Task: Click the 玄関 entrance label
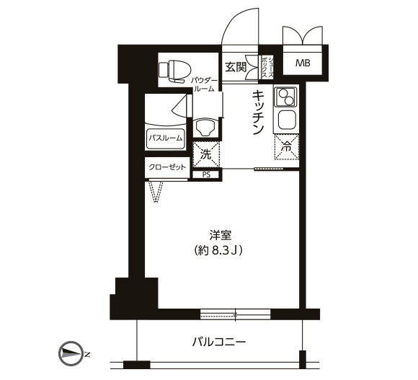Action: (235, 67)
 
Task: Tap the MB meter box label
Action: (303, 63)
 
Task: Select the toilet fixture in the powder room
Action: (174, 71)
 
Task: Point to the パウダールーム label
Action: (205, 84)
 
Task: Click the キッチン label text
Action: (258, 112)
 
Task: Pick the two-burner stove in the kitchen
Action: (285, 97)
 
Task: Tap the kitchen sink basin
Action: (287, 120)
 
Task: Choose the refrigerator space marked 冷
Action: (287, 147)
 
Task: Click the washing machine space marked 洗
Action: (206, 154)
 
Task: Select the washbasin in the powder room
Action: (205, 128)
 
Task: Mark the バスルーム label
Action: (165, 138)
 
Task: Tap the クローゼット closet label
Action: (167, 167)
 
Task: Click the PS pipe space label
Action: (206, 175)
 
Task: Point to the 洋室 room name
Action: (221, 236)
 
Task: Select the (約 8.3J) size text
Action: (218, 250)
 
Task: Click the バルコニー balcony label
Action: (218, 342)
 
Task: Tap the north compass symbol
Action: (69, 353)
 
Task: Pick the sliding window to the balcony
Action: (235, 314)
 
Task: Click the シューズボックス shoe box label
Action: (267, 67)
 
